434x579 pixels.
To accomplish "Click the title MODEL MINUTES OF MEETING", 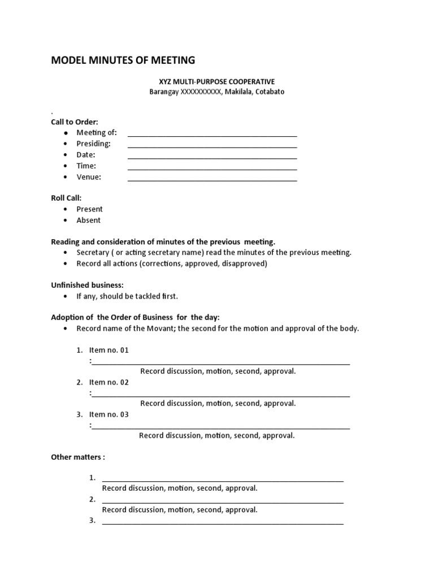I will (123, 60).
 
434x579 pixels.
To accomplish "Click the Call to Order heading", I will (75, 122).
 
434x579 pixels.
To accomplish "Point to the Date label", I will (86, 155).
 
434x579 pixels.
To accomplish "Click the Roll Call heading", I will (66, 198).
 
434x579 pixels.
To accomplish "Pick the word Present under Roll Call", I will (89, 209).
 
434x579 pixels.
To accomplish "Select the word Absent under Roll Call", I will (89, 221).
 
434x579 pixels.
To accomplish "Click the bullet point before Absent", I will (66, 221).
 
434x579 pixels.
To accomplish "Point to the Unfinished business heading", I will (87, 285).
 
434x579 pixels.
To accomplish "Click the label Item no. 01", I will (109, 351).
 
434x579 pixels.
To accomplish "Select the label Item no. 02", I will (109, 383).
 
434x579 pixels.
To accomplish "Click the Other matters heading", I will (78, 457).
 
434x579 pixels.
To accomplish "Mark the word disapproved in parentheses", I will (244, 263).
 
